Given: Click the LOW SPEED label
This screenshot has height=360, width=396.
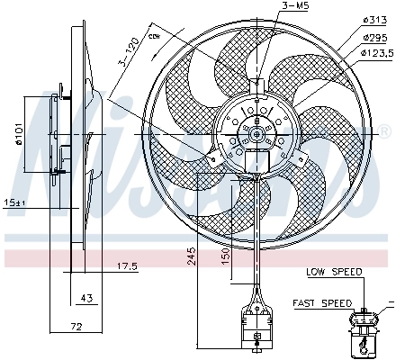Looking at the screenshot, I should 334,271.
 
